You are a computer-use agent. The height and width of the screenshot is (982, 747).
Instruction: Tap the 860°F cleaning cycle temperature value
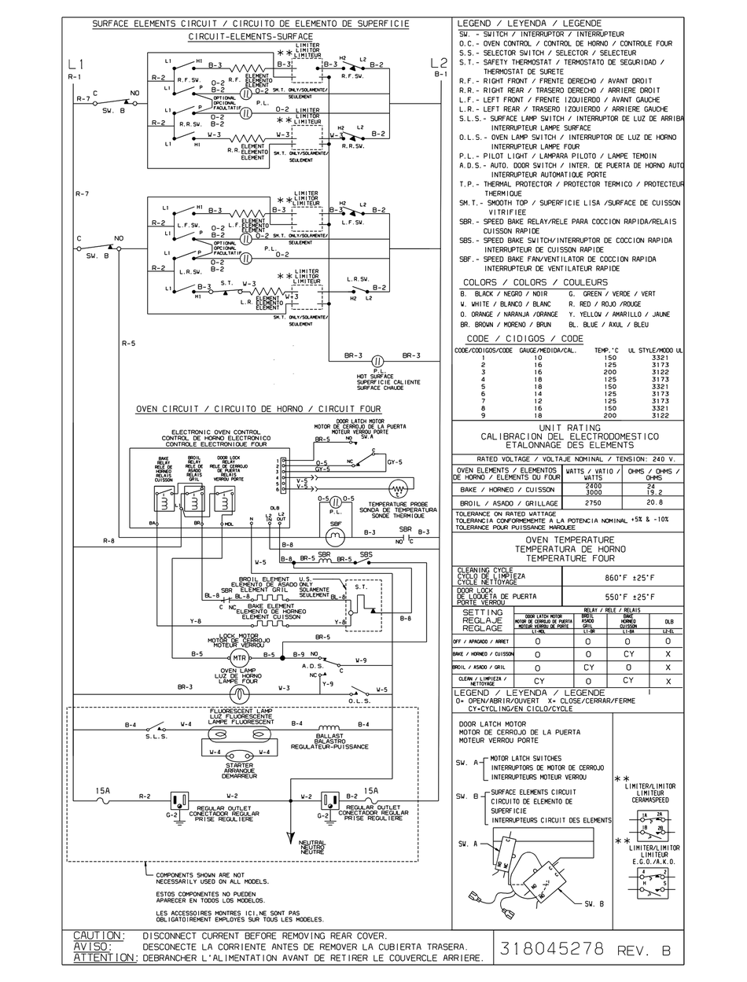click(x=623, y=576)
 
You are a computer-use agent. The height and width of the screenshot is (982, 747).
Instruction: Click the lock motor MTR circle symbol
click(x=239, y=657)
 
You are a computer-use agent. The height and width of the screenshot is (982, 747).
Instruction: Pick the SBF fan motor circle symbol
click(x=335, y=535)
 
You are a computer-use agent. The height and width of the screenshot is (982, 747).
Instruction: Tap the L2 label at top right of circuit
click(x=440, y=63)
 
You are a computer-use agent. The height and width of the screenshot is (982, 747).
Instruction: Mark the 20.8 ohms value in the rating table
click(x=653, y=502)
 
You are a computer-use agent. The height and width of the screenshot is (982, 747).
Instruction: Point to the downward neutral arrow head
click(x=291, y=835)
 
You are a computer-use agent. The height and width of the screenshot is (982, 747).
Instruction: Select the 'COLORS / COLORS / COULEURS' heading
click(x=535, y=282)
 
